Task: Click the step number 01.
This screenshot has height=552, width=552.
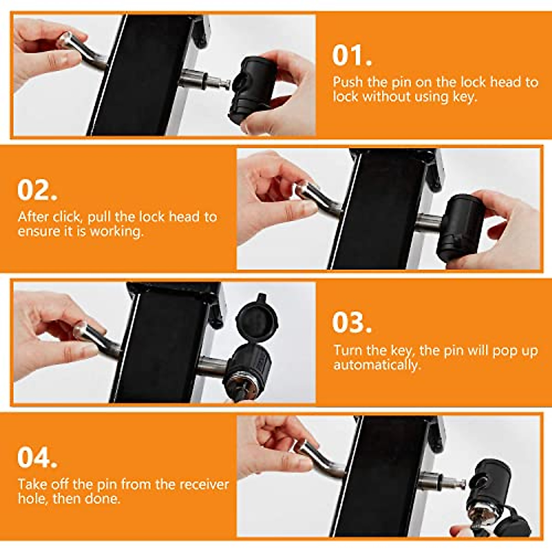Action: point(352,56)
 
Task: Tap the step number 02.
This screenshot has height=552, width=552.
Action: point(37,190)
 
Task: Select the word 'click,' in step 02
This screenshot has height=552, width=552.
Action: point(68,217)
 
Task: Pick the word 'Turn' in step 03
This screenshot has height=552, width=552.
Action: point(346,351)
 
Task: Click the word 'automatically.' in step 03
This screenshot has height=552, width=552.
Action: point(377,365)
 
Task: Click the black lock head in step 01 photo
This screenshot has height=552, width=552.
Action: point(252,90)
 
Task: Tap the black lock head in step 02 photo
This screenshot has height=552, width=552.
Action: point(460,228)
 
